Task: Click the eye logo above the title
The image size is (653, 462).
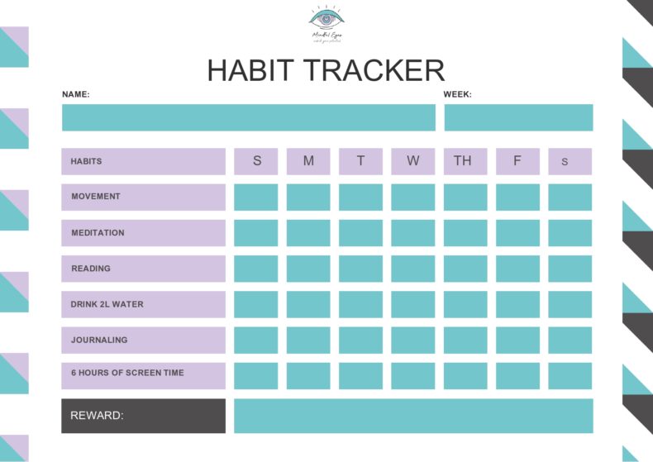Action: (326, 18)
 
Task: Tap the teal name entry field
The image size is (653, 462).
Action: (248, 117)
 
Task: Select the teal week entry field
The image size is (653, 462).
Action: (518, 117)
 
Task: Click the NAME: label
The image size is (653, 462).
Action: (76, 94)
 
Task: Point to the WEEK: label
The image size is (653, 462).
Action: (457, 94)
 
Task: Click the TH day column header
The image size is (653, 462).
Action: (465, 161)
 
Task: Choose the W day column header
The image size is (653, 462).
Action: (412, 161)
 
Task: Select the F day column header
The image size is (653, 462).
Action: (517, 161)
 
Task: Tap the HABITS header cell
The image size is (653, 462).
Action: (143, 161)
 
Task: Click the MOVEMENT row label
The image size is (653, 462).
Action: (143, 197)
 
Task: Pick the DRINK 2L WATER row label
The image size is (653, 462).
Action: (143, 304)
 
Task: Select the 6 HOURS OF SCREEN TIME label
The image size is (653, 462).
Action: (143, 374)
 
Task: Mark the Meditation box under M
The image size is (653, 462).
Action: (308, 233)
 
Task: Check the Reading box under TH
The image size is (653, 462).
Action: (465, 269)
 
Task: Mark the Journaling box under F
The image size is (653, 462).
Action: (517, 340)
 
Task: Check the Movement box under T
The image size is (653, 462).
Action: (360, 197)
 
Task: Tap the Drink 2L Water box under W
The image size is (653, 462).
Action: (412, 304)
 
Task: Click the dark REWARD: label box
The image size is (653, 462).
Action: (143, 416)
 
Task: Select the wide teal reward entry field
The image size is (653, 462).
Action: (413, 416)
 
